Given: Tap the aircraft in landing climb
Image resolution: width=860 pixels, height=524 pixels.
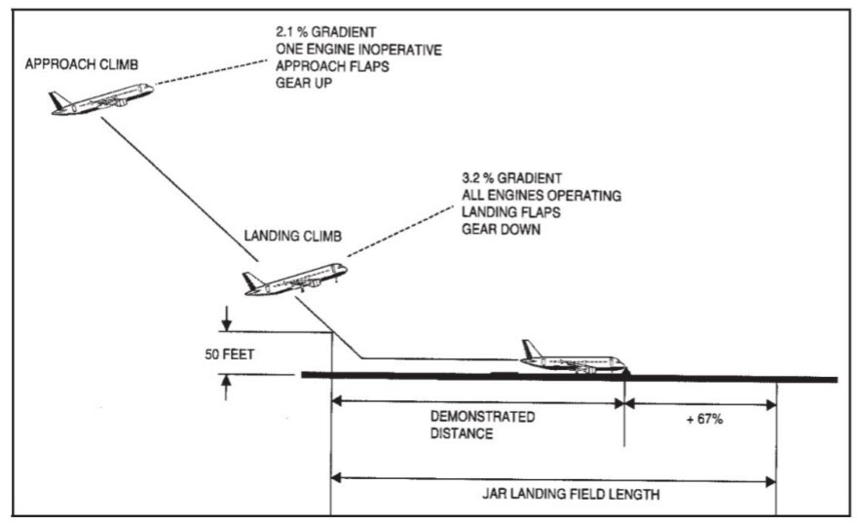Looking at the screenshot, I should pos(294,279).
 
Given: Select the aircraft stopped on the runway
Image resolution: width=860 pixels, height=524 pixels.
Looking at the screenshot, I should pos(574,360).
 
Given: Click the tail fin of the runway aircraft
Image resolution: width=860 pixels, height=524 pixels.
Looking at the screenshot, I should pos(532,349).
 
